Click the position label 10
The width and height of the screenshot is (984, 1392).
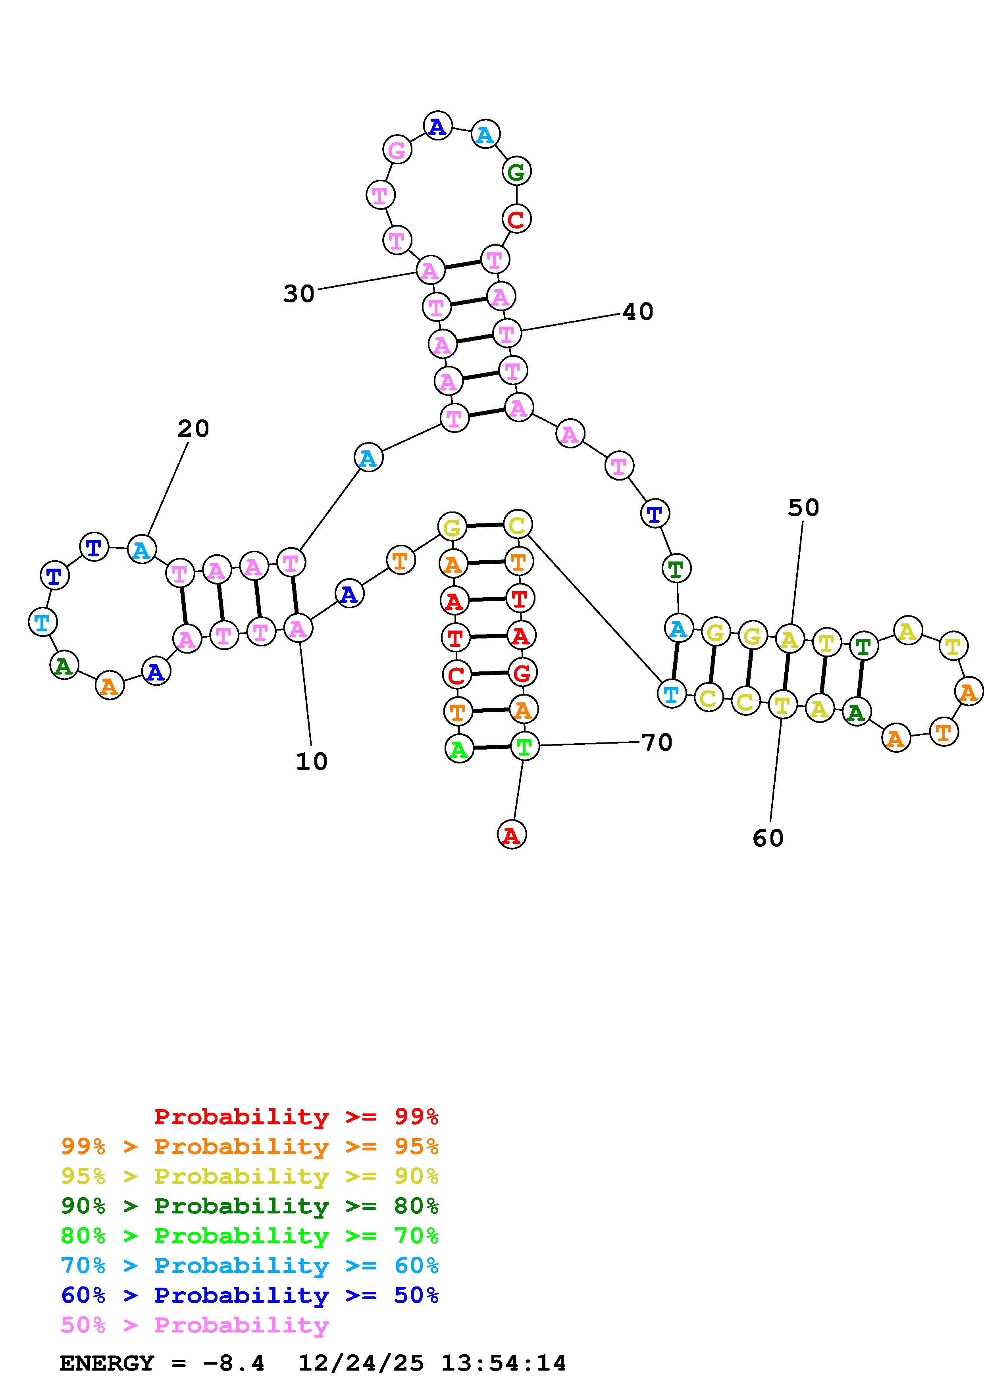[312, 761]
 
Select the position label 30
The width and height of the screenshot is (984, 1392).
[299, 294]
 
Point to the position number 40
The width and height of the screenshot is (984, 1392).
[638, 311]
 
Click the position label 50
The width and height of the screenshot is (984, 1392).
[803, 508]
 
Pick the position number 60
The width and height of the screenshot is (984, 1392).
[768, 838]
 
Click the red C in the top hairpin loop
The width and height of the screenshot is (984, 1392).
[516, 219]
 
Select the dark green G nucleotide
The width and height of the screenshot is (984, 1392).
[516, 171]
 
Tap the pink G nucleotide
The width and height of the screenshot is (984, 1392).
[397, 150]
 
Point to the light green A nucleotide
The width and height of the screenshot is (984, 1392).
[459, 749]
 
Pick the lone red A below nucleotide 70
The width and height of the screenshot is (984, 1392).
[512, 835]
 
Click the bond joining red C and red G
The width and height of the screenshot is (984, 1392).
[489, 673]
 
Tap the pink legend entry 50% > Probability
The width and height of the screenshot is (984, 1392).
[194, 1325]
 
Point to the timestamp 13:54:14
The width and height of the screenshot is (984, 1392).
[503, 1363]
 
